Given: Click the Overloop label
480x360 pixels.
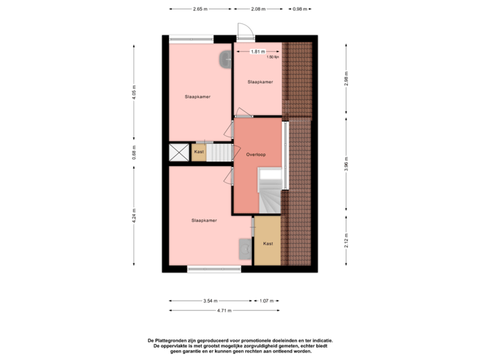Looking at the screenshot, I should (x=256, y=154).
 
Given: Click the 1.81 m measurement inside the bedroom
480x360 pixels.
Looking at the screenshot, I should (x=257, y=51).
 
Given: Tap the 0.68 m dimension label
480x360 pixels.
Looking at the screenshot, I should (x=134, y=152).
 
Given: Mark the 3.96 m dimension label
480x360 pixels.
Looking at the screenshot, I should (x=346, y=165).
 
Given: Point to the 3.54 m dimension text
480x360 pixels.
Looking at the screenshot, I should (x=211, y=301).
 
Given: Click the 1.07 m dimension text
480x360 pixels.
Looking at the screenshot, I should (x=266, y=301).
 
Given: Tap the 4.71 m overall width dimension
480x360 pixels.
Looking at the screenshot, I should (x=224, y=310).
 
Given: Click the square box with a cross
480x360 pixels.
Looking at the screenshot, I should (x=179, y=153).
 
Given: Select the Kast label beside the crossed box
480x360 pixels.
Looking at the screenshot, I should (x=199, y=153).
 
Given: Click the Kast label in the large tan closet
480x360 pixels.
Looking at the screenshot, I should (x=268, y=243).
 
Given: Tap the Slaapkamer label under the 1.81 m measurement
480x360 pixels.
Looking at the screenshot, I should (x=260, y=82).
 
